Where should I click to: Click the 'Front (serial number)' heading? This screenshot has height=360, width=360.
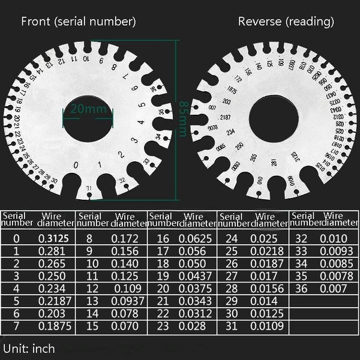tap(78, 22)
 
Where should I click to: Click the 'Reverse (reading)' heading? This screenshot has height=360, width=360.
tap(286, 22)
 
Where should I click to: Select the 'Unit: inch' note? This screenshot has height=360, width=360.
tap(29, 348)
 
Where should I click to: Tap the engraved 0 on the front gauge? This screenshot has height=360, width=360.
tap(75, 165)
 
